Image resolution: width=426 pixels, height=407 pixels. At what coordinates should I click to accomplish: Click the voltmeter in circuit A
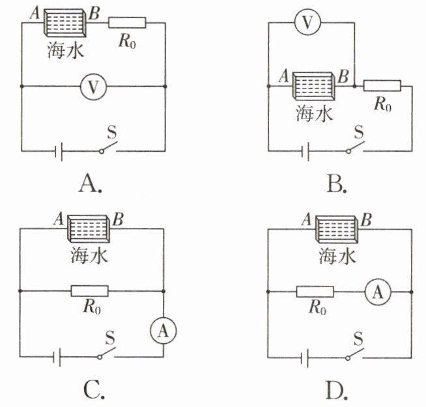pos(93,87)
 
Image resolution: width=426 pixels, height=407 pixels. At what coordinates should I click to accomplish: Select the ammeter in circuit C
pos(163,330)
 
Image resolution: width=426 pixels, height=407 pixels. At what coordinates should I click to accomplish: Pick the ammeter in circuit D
pos(378,292)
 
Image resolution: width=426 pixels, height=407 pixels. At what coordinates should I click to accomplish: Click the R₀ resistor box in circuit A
pos(127,23)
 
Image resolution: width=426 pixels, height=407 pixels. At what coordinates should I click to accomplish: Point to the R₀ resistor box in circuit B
pos(382,85)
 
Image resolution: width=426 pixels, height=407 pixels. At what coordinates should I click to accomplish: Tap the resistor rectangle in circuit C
pos(89,291)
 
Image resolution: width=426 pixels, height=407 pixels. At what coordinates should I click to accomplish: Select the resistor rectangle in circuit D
pos(315,292)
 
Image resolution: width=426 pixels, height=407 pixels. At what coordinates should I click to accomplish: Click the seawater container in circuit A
pos(65,23)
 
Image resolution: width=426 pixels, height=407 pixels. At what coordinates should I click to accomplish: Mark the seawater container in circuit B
pos(313,86)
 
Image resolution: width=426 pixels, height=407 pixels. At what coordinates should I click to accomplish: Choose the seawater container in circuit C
pos(89,229)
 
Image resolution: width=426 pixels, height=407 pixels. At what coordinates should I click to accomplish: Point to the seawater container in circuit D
pos(337,229)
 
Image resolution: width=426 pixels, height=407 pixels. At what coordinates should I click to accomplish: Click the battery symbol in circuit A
pos(59,151)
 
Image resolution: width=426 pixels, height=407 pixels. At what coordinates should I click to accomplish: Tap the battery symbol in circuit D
pos(305,358)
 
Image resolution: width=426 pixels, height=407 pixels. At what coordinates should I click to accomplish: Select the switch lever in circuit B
pos(356,147)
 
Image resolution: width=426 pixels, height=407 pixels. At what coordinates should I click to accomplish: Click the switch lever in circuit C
pos(107,352)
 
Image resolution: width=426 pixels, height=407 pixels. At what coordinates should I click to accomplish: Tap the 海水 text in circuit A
pos(66,50)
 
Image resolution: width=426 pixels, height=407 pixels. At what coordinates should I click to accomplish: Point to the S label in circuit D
pos(359,339)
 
